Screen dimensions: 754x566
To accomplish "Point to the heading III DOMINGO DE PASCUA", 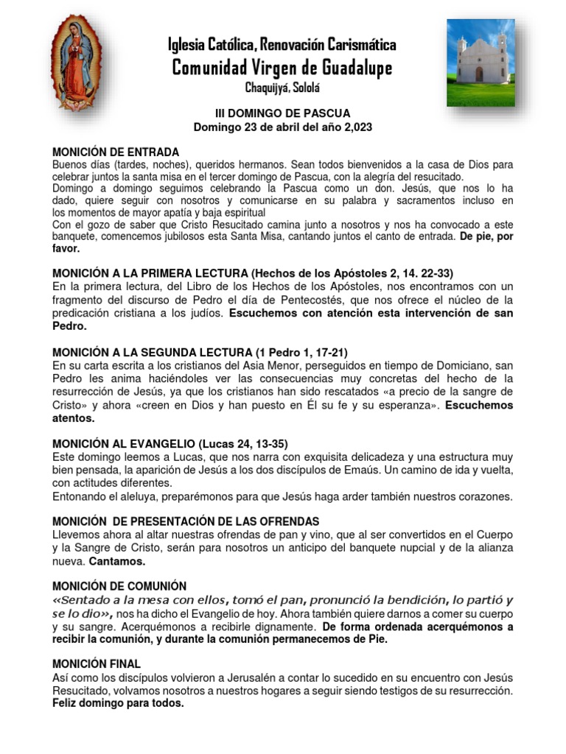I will (x=282, y=113).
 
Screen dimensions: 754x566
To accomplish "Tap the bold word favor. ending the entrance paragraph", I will (x=66, y=249).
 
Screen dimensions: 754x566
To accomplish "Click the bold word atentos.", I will (x=73, y=417).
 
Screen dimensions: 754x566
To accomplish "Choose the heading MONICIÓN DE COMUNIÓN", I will (x=119, y=586).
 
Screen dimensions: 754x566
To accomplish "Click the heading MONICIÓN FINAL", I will (x=96, y=664).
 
